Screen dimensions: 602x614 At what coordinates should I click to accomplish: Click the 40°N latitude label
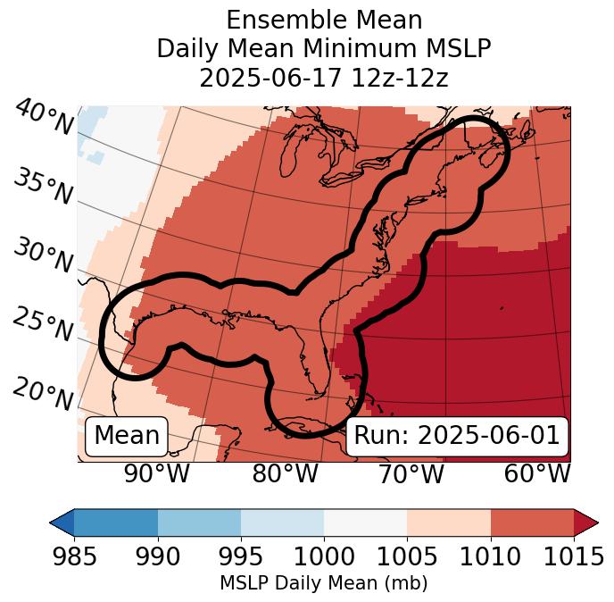click(x=44, y=118)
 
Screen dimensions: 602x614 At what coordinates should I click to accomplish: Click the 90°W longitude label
click(x=157, y=474)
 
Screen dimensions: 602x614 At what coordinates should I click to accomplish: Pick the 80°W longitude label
click(x=286, y=474)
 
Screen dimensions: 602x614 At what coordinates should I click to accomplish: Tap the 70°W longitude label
click(x=411, y=474)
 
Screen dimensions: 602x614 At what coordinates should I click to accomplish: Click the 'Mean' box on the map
click(x=127, y=436)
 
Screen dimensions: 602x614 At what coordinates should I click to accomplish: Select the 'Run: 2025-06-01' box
click(x=456, y=436)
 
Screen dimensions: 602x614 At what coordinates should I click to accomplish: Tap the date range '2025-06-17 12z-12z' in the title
click(x=323, y=78)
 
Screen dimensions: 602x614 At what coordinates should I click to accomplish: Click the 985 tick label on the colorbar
click(x=74, y=556)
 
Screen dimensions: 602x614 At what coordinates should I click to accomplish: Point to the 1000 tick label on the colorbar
click(x=324, y=556)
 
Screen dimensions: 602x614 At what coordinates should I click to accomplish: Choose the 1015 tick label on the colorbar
click(x=573, y=556)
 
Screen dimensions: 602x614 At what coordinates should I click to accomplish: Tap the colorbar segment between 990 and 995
click(x=199, y=522)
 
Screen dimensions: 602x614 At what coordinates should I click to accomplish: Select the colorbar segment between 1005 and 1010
click(x=449, y=522)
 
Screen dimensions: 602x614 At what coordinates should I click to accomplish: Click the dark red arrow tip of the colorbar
click(x=586, y=522)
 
